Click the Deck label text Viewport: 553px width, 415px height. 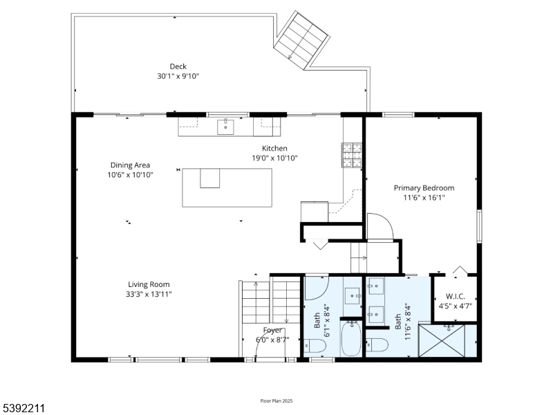178,66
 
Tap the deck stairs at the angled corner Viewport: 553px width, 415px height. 301,40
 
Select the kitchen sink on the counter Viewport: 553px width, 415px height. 226,127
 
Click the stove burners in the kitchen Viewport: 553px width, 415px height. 351,155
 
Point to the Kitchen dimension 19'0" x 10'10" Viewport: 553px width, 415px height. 274,158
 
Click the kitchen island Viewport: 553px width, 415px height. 227,187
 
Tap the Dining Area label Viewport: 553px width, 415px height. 130,165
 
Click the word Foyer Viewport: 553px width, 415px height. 272,330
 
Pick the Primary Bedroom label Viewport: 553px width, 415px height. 424,187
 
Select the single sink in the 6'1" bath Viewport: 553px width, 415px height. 352,295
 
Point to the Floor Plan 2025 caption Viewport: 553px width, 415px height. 276,401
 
